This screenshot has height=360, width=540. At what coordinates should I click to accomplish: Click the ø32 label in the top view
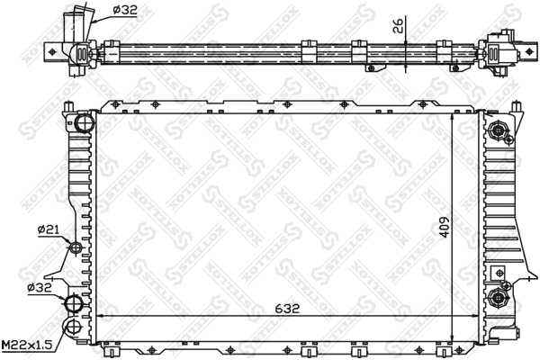coord(127,12)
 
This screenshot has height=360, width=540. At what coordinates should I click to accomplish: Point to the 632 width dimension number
coord(288,308)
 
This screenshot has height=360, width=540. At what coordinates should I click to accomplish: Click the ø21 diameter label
coord(49,230)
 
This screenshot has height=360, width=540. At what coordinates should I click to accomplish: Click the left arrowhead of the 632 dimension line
coord(100,316)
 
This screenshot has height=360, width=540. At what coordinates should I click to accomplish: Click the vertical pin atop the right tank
coord(513,108)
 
